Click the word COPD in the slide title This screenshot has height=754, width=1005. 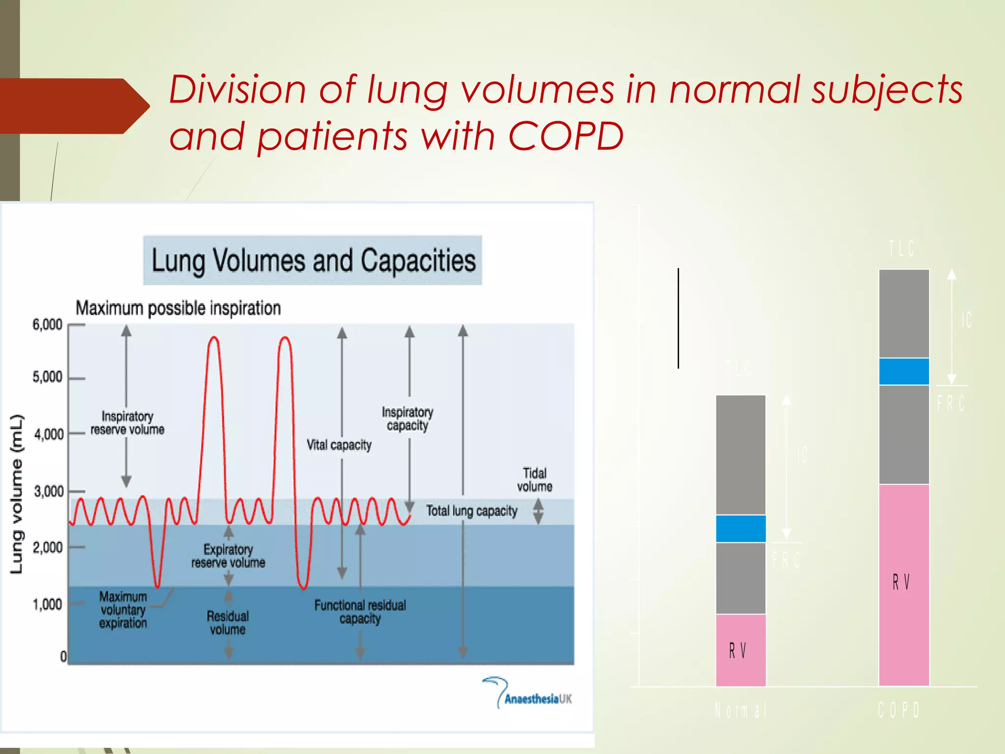point(565,135)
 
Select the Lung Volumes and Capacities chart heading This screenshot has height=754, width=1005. point(313,260)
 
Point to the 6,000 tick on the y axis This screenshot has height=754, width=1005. point(48,324)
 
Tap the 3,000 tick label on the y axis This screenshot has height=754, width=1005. point(49,491)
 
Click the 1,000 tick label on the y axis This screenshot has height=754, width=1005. point(48,604)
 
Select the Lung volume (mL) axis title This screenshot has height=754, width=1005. point(17,494)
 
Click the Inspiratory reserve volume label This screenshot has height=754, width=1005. point(127,423)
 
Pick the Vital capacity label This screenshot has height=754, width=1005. point(339,445)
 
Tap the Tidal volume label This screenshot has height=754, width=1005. point(534,480)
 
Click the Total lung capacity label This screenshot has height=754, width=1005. point(472,511)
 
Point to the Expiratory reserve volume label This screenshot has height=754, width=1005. point(228,556)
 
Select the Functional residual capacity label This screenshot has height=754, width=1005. point(360,612)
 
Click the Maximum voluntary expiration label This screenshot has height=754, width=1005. point(123,610)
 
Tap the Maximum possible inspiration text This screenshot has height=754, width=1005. point(178,308)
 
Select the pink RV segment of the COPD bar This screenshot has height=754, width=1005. point(903,584)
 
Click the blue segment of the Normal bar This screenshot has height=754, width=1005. point(741,529)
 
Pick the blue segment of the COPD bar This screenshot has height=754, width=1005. point(903,372)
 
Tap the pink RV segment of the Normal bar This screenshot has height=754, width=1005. point(741,650)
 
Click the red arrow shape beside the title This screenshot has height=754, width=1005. point(74,106)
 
